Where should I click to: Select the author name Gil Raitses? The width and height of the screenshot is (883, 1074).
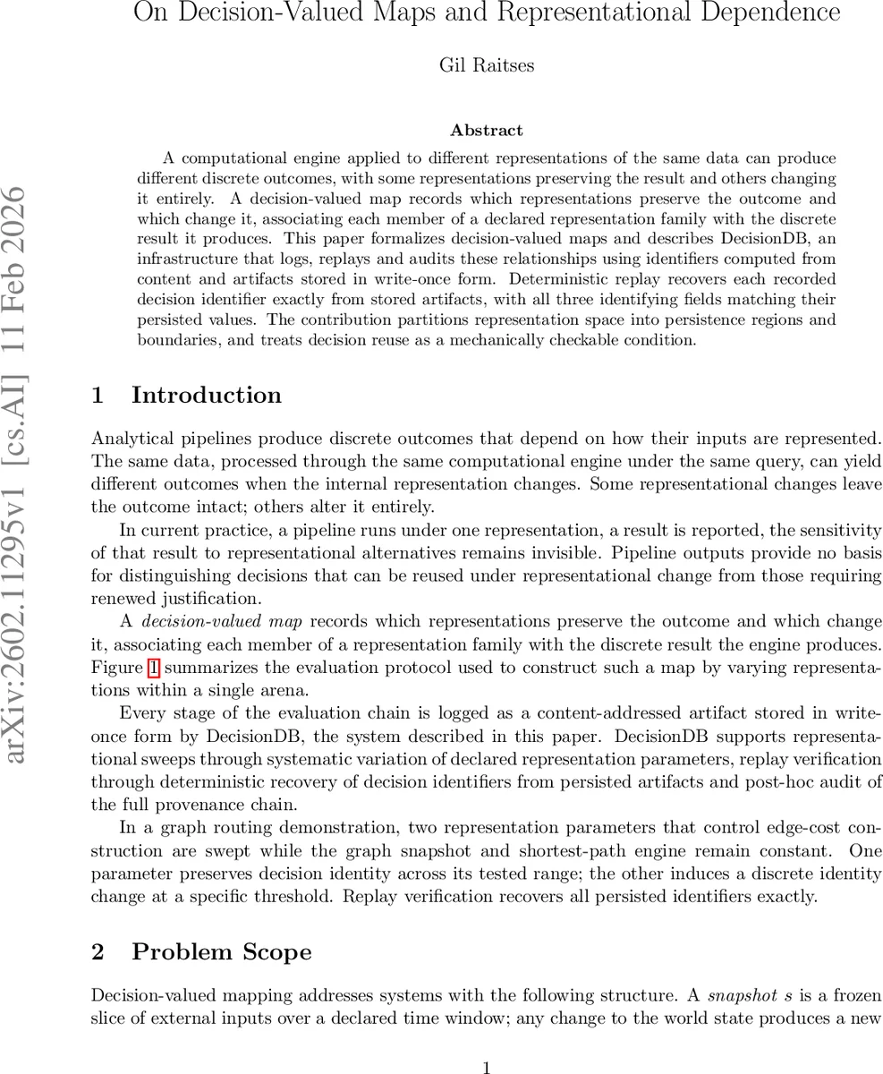[x=486, y=65]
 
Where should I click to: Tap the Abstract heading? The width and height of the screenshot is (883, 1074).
[x=486, y=131]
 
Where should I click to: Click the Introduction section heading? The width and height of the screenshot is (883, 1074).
[x=206, y=396]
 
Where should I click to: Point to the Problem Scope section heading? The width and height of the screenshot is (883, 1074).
[x=221, y=951]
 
